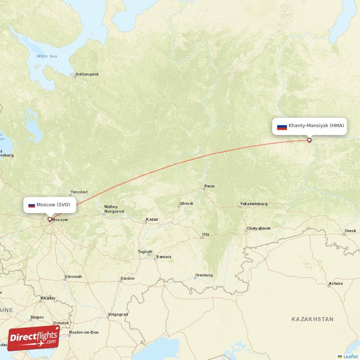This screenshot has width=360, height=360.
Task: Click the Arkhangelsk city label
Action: pyautogui.click(x=87, y=74)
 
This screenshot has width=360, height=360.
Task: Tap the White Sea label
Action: pyautogui.click(x=47, y=56)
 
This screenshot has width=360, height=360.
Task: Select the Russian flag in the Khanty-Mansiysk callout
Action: pyautogui.click(x=282, y=126)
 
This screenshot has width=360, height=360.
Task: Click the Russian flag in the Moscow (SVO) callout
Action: pyautogui.click(x=31, y=205)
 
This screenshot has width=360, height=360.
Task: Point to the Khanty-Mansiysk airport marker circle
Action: pyautogui.click(x=309, y=140)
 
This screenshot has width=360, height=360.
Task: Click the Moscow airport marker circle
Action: pyautogui.click(x=49, y=220)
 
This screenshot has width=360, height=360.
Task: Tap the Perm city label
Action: pyautogui.click(x=209, y=186)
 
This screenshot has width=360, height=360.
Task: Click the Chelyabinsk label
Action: pyautogui.click(x=259, y=229)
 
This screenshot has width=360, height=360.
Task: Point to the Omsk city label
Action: pyautogui.click(x=350, y=231)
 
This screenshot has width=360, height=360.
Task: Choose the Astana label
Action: pyautogui.click(x=335, y=283)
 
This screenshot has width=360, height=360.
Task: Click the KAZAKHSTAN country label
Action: pyautogui.click(x=312, y=319)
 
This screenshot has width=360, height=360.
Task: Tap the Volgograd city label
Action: pyautogui.click(x=118, y=315)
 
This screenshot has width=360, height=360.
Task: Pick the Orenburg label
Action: pyautogui.click(x=203, y=275)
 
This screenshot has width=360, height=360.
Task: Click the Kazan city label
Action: pyautogui.click(x=152, y=220)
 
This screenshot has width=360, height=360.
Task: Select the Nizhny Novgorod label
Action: pyautogui.click(x=114, y=209)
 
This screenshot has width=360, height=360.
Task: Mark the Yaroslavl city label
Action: pyautogui.click(x=79, y=192)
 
